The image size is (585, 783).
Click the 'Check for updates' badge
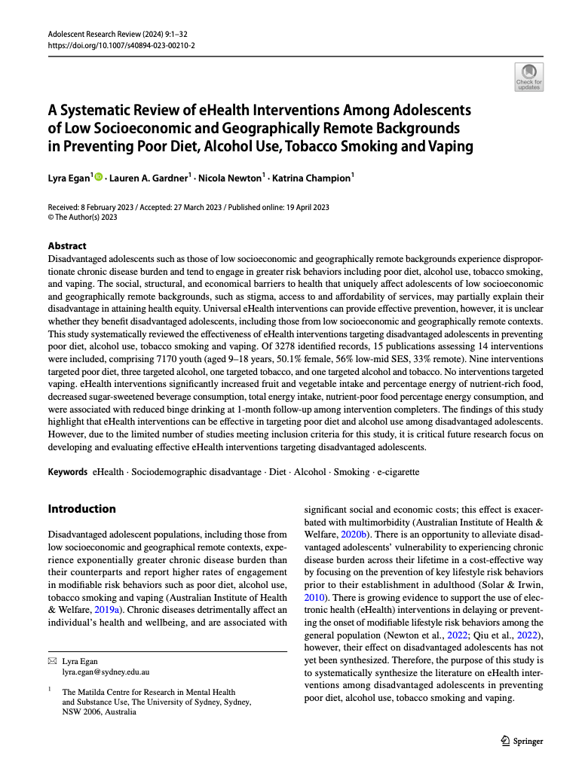coord(528,77)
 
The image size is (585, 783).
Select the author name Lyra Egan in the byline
coord(69,179)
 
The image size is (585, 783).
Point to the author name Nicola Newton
coord(230,179)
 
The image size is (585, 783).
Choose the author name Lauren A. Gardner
coord(148,179)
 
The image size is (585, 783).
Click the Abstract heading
coord(67,246)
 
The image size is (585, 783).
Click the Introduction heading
coord(82,509)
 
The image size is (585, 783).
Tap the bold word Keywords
coord(67,472)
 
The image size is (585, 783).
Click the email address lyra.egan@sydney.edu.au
coord(106,671)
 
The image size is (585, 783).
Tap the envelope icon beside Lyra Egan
coord(51,661)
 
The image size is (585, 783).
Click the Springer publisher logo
coord(522,741)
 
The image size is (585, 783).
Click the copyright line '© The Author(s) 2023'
coord(82,218)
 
